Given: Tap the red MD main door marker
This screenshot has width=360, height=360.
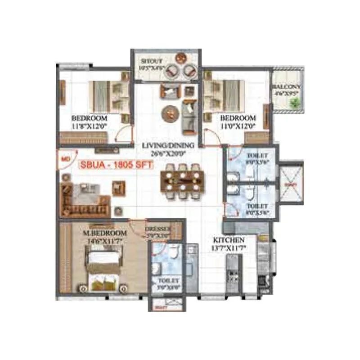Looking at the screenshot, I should (64, 159).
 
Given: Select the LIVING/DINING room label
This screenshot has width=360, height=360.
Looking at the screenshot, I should (167, 146).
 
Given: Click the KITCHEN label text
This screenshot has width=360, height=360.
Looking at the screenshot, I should (229, 240).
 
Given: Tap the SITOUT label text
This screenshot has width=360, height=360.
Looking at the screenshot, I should (151, 61).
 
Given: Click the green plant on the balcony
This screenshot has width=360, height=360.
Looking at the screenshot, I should (295, 103).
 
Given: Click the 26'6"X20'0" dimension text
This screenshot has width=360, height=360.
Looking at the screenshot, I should (167, 153).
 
